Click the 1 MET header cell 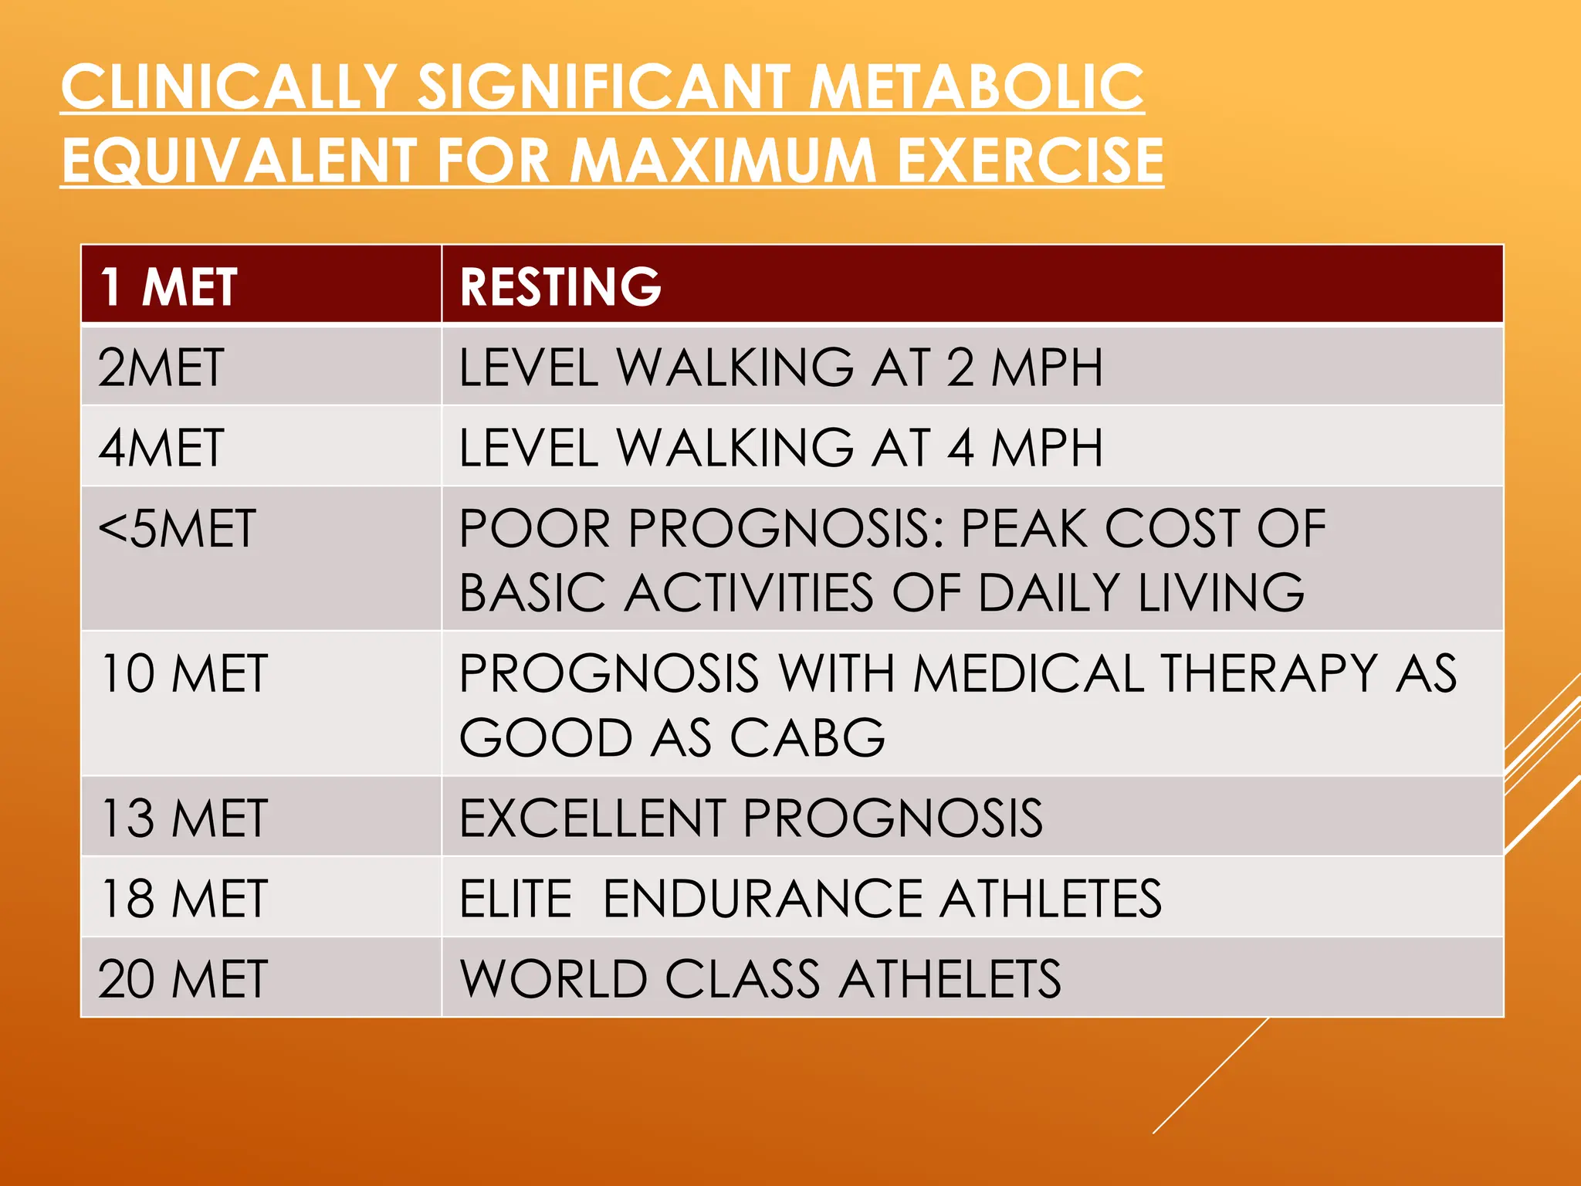click(168, 287)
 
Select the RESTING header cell click(560, 287)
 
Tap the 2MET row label click(161, 368)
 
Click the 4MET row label click(161, 448)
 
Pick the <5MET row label click(177, 529)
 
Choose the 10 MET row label click(184, 673)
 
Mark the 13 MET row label click(184, 818)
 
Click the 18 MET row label click(184, 898)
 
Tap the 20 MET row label click(184, 978)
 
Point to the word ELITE click(516, 898)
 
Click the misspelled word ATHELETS click(950, 978)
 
